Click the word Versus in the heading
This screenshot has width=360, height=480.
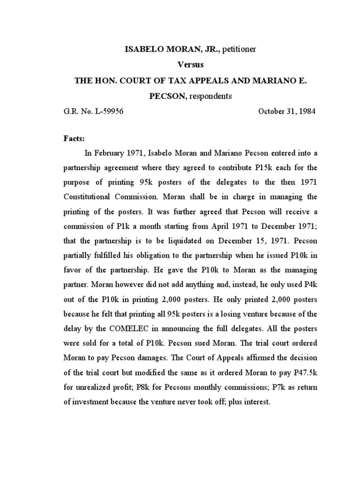180,65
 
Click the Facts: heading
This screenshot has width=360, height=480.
74,139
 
